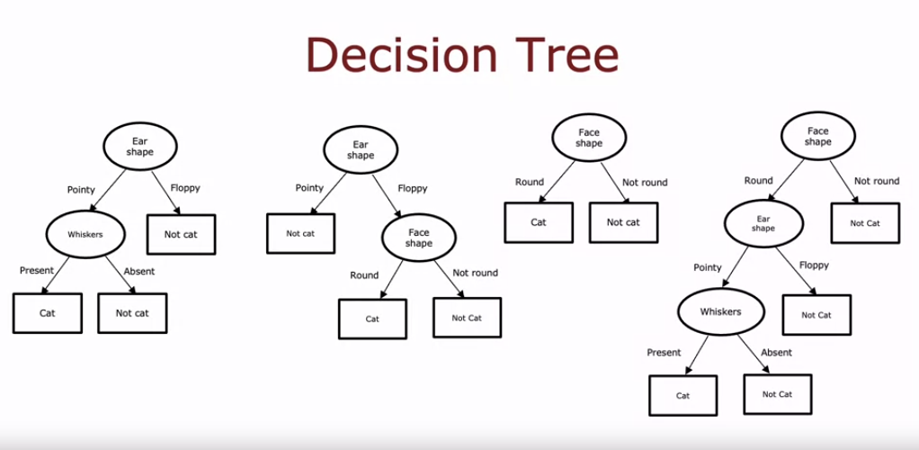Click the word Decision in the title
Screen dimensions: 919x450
click(402, 56)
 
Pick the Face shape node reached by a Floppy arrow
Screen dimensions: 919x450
click(418, 238)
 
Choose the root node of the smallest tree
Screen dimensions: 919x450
click(589, 138)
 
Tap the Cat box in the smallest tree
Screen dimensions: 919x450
click(538, 222)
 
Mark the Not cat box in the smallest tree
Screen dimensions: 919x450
click(622, 222)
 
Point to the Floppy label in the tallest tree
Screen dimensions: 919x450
click(814, 265)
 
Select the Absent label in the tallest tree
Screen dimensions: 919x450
click(777, 353)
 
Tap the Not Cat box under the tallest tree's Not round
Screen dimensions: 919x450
click(861, 223)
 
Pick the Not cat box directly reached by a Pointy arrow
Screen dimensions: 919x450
click(300, 233)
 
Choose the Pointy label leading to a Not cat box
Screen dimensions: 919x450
click(309, 188)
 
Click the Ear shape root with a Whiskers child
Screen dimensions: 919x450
click(139, 147)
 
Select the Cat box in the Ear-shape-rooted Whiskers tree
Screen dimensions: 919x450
click(47, 313)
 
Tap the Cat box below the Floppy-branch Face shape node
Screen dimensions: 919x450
click(372, 319)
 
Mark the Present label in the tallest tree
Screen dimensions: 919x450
click(664, 353)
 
